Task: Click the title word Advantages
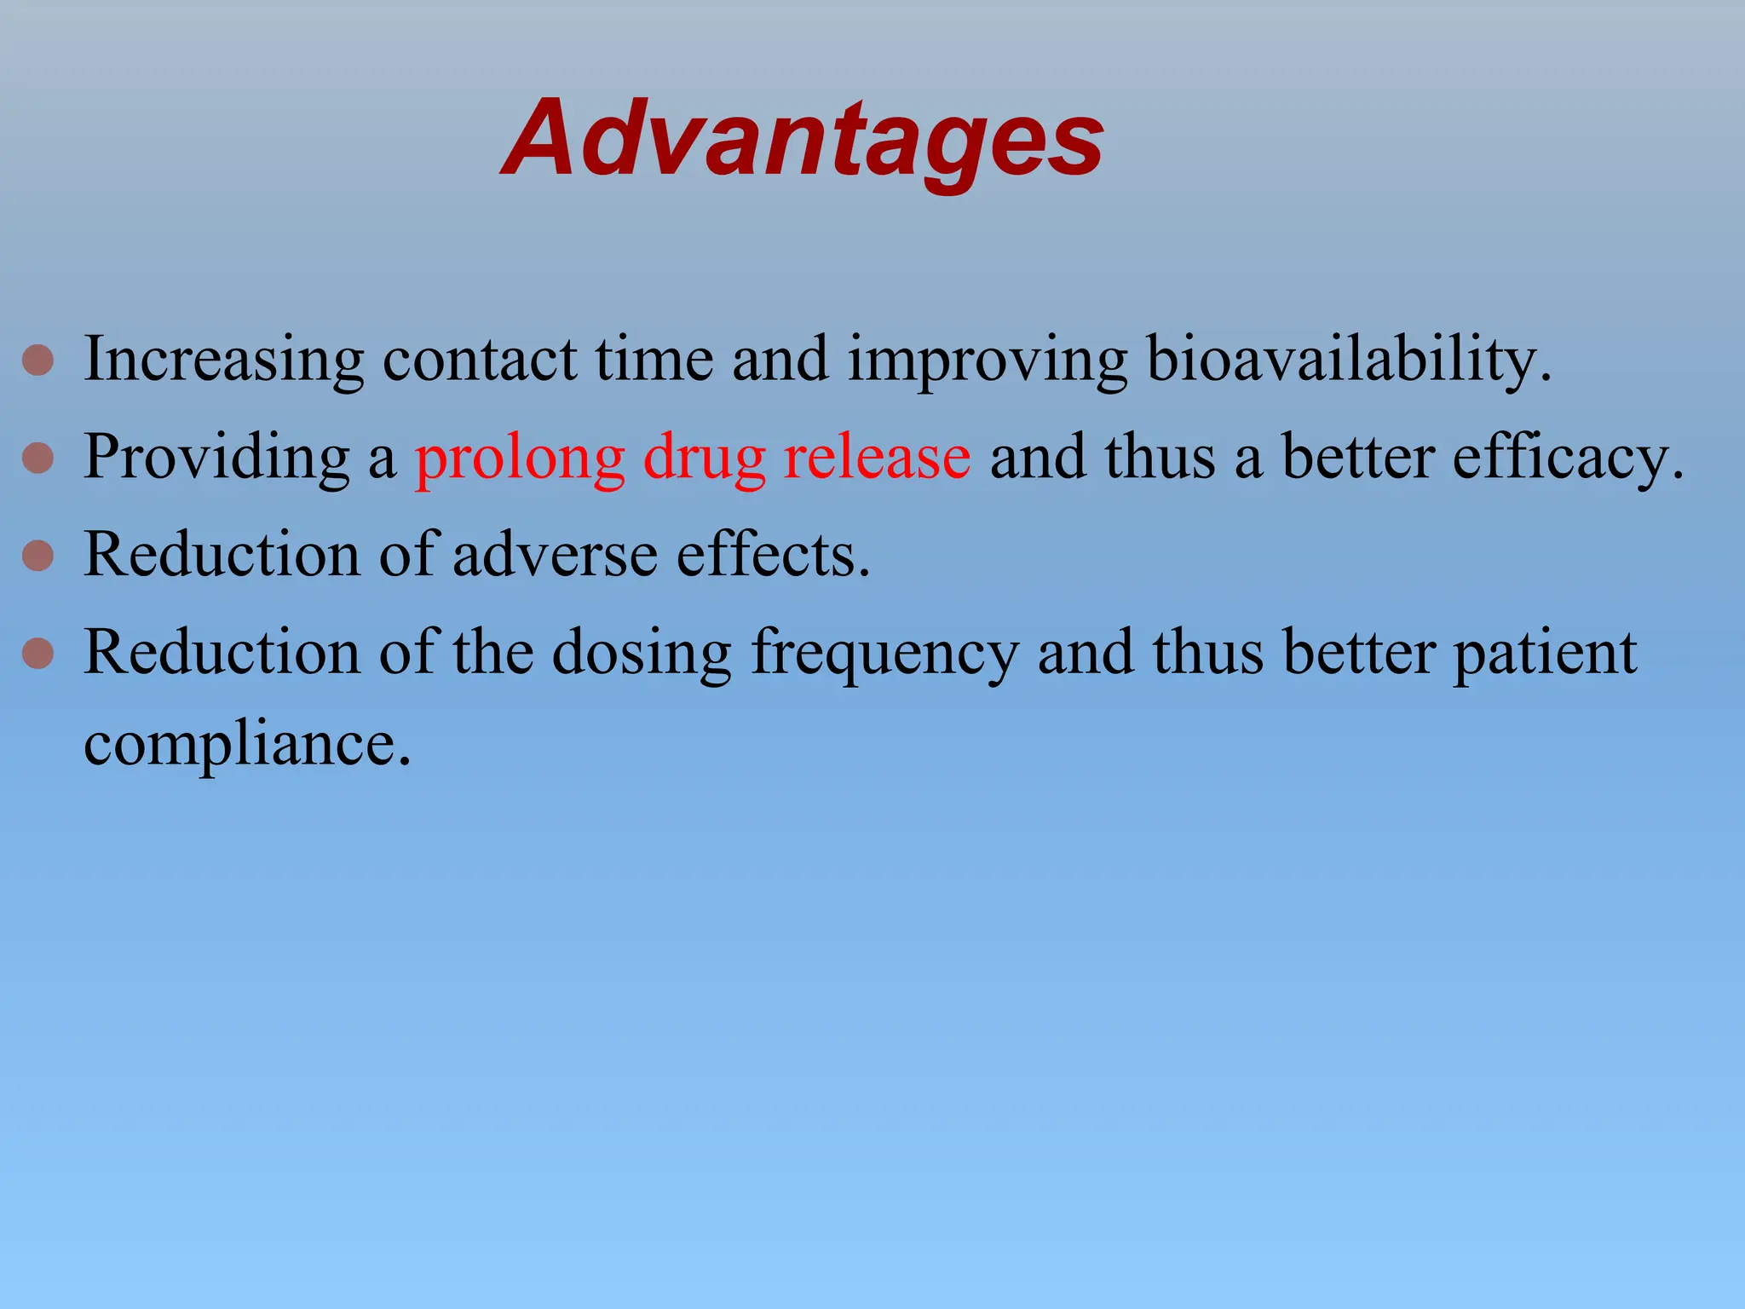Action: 803,138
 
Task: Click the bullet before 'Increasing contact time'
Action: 38,360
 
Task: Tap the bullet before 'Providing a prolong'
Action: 38,458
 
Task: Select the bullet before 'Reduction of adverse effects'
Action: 38,556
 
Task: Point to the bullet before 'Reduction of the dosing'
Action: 38,654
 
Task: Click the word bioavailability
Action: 1348,360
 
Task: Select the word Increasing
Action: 224,360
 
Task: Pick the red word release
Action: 877,458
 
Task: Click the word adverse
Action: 555,556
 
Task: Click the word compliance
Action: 246,746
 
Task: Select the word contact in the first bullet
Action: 480,360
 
